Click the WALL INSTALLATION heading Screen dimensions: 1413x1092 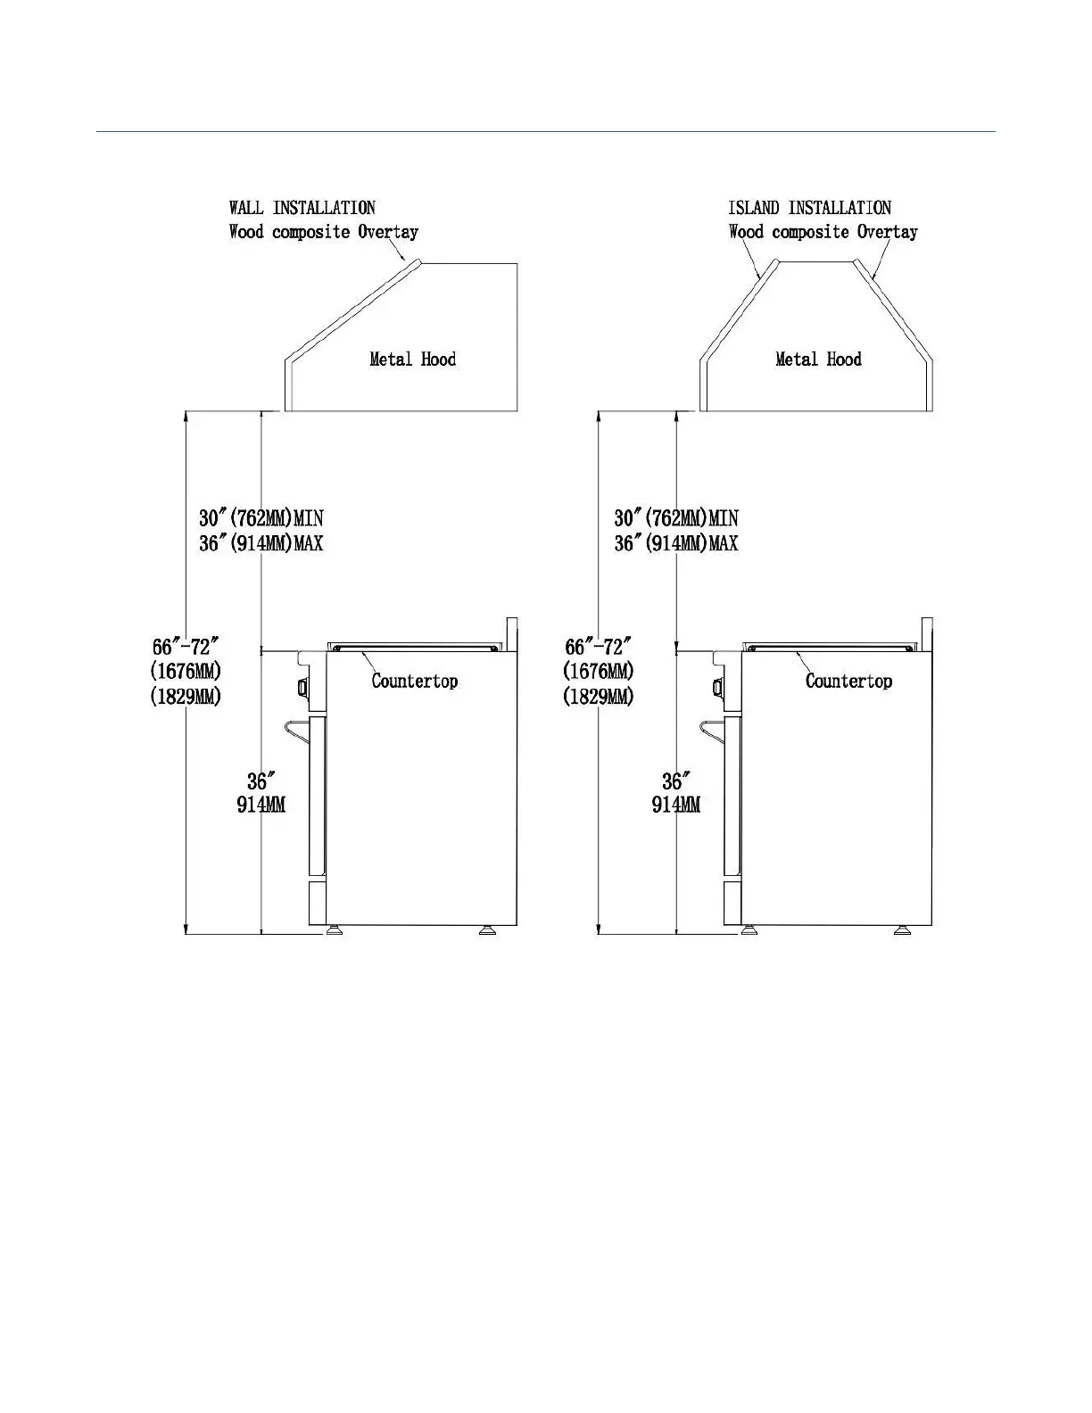[x=302, y=208]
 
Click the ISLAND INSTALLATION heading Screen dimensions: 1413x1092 [x=809, y=208]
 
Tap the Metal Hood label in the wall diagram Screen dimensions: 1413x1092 [x=412, y=359]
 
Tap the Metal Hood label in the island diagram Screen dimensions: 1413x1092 [x=818, y=359]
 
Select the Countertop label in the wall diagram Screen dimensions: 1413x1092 [x=415, y=682]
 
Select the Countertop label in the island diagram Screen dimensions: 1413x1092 [x=848, y=682]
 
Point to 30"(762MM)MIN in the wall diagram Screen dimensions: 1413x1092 [x=261, y=517]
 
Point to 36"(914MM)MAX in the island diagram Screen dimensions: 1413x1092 [x=676, y=542]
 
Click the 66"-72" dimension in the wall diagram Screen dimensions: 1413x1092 [x=185, y=647]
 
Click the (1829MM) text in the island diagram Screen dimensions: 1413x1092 [x=599, y=696]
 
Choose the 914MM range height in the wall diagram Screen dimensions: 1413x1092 [x=261, y=805]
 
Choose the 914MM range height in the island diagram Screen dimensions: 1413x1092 [x=676, y=805]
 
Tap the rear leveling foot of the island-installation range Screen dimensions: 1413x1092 [x=903, y=930]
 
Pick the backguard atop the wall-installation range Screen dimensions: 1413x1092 [x=512, y=633]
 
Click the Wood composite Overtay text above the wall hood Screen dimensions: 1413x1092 [x=323, y=232]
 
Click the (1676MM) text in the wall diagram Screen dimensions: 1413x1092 [x=185, y=671]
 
